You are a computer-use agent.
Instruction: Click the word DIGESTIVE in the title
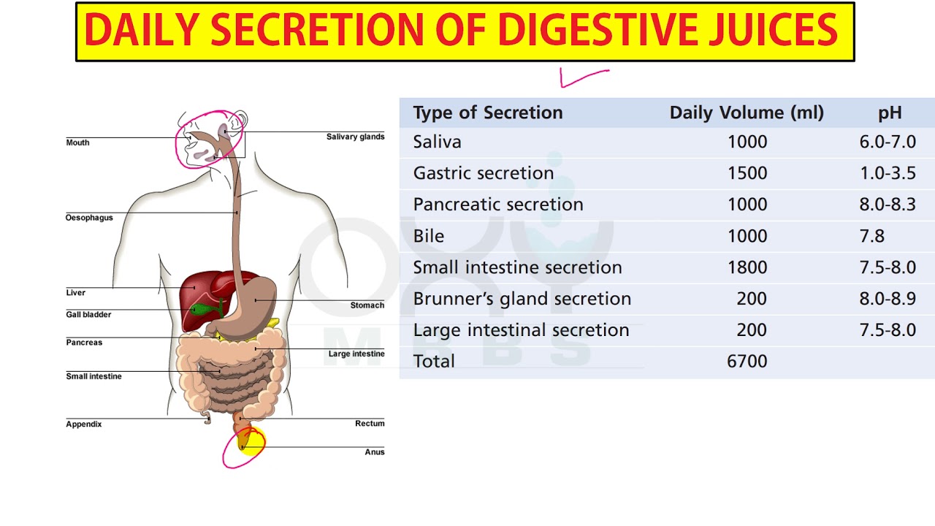click(x=598, y=29)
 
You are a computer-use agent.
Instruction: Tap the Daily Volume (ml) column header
click(x=747, y=113)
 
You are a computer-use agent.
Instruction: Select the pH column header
click(x=890, y=113)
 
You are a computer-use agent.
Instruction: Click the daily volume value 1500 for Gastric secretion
click(x=747, y=173)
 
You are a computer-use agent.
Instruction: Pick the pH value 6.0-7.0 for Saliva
click(x=888, y=142)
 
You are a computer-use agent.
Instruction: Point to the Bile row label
click(x=429, y=236)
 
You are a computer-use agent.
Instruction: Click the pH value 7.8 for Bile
click(x=871, y=236)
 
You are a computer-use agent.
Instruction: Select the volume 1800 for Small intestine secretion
click(x=747, y=267)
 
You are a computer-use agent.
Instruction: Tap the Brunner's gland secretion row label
click(x=522, y=299)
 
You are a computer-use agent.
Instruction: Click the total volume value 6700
click(x=747, y=361)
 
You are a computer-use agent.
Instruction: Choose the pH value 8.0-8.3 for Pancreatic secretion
click(x=888, y=205)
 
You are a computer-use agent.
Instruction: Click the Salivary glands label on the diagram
click(x=355, y=137)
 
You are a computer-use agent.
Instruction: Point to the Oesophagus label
click(x=89, y=218)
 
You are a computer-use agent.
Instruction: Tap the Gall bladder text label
click(x=88, y=314)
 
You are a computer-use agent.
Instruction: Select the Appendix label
click(x=84, y=424)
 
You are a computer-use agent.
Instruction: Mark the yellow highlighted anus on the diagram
click(x=251, y=441)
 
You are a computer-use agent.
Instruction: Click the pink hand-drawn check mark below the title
click(x=584, y=78)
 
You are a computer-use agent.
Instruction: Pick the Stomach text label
click(x=367, y=305)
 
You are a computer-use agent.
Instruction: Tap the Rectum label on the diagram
click(x=370, y=423)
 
